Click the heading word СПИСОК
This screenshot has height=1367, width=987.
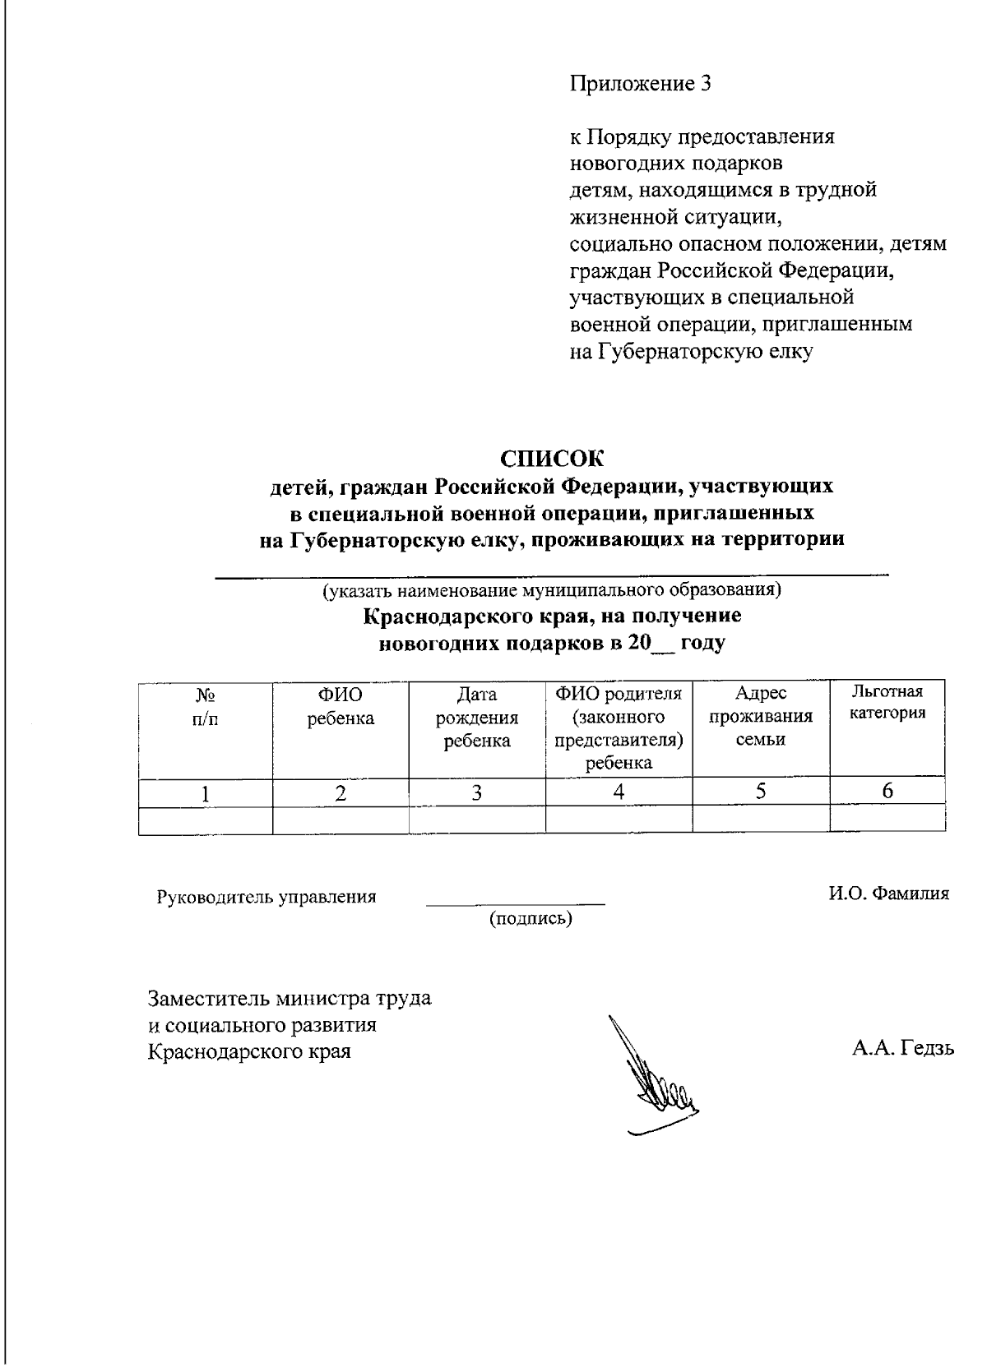pos(552,458)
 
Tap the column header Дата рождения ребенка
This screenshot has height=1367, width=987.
pos(476,718)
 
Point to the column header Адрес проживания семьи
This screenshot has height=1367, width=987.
pos(760,717)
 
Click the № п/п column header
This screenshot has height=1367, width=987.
pos(205,706)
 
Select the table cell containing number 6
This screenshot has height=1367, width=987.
pos(887,792)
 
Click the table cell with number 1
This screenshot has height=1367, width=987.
pos(205,793)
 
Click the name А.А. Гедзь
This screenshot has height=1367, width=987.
pos(902,1048)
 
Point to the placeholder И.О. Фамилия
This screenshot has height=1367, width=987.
pos(887,893)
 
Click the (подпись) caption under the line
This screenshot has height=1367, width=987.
pos(531,918)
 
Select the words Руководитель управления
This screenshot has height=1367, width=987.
pos(266,897)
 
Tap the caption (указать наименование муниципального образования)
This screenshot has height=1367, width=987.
pos(552,589)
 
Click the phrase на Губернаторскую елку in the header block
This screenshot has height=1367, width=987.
pos(691,352)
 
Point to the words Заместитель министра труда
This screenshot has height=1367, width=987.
pos(289,999)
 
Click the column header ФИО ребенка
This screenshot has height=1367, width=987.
pos(340,707)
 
